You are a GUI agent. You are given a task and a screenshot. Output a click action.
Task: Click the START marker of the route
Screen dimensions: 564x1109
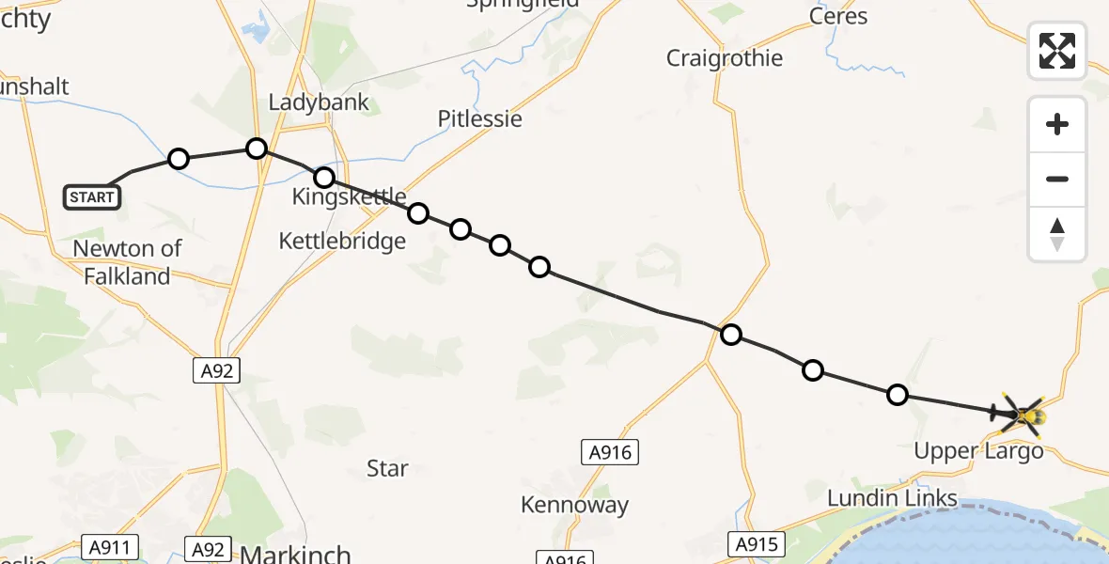point(92,197)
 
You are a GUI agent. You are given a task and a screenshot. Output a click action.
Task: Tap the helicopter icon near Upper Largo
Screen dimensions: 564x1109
point(1024,414)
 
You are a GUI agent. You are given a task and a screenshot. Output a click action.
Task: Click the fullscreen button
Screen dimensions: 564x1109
point(1057,51)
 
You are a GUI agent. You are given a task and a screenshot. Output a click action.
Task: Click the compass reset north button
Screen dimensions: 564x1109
point(1057,234)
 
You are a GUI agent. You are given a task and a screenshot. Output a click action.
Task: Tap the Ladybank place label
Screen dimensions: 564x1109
point(319,102)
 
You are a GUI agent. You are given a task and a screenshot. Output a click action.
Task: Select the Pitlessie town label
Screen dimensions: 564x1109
point(479,118)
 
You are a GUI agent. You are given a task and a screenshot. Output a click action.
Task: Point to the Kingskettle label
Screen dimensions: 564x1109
point(349,196)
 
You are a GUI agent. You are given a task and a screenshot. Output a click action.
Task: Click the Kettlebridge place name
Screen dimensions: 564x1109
point(342,242)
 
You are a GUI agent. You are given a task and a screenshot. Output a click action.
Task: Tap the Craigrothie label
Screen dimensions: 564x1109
point(724,58)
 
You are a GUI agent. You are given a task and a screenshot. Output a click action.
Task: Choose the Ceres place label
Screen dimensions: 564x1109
point(838,17)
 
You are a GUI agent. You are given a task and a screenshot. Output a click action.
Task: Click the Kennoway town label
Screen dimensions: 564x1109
point(574,505)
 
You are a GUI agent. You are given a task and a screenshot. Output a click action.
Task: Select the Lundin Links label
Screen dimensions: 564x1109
point(892,498)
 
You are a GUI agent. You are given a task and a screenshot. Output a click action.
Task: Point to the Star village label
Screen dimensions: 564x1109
point(387,468)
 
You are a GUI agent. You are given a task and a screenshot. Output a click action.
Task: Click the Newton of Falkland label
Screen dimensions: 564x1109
point(128,262)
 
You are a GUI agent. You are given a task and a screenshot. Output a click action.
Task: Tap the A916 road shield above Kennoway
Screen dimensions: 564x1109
point(609,453)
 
